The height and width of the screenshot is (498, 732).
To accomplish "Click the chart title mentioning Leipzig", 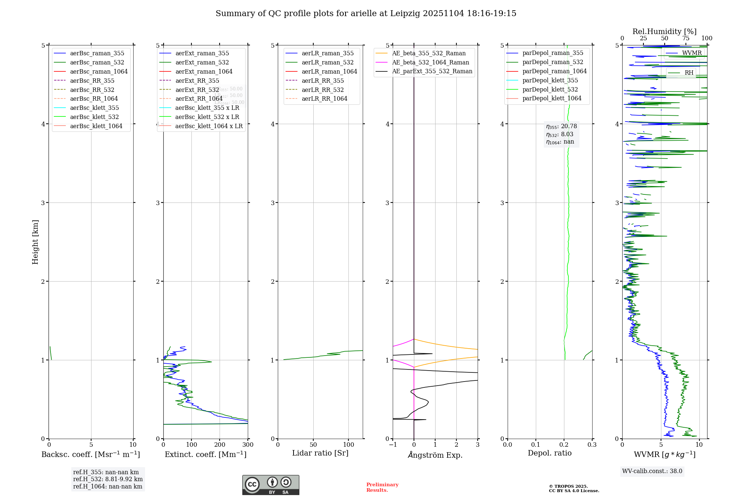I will [366, 14].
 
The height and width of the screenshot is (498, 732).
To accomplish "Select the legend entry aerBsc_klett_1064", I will [96, 126].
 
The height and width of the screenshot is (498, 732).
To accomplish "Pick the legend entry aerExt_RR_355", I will [197, 81].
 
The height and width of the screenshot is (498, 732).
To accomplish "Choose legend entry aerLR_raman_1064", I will [329, 71].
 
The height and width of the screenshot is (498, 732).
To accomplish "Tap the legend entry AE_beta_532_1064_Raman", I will [430, 62].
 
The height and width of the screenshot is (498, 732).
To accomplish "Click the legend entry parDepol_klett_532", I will [550, 89].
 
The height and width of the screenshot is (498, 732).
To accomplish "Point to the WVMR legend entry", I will [691, 53].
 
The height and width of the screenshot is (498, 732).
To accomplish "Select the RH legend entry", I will [689, 73].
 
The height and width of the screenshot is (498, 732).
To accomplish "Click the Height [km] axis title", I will [35, 242].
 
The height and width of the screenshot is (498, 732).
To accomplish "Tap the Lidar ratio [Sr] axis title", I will [320, 453].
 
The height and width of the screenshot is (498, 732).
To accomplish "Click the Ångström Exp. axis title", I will [435, 455].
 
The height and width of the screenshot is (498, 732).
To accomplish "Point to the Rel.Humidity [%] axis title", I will [664, 31].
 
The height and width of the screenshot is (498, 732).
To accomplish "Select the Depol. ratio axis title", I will [549, 453].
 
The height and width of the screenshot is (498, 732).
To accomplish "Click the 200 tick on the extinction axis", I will [220, 445].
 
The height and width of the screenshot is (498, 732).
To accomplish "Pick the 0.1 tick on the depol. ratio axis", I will [536, 445].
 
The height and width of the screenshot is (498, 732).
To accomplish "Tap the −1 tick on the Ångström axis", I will [393, 445].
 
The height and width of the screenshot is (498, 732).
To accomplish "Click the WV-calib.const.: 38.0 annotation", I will [652, 471].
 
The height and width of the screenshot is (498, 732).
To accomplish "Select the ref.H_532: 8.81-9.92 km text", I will [108, 479].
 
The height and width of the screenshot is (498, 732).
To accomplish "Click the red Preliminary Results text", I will [382, 487].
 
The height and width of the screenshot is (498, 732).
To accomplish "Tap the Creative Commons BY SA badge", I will [270, 485].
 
